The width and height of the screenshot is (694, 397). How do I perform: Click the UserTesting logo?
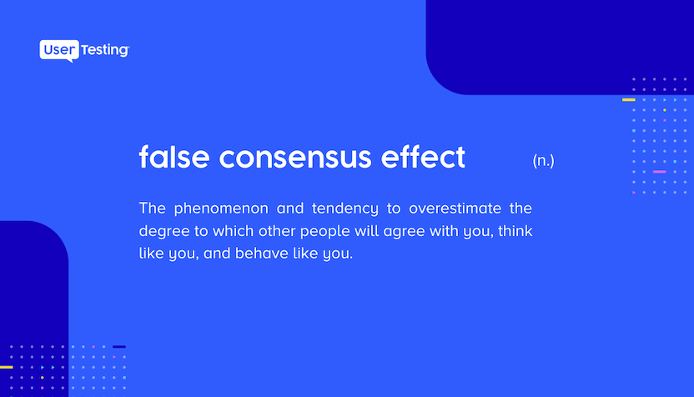tap(84, 51)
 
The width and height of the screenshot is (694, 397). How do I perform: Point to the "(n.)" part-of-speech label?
tap(543, 161)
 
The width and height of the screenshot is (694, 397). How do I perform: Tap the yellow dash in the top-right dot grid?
tap(628, 99)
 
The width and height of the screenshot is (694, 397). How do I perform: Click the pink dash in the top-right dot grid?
tap(659, 172)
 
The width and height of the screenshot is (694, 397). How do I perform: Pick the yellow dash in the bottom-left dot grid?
tap(6, 367)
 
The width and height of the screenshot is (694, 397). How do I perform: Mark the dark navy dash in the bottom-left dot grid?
tap(119, 347)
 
